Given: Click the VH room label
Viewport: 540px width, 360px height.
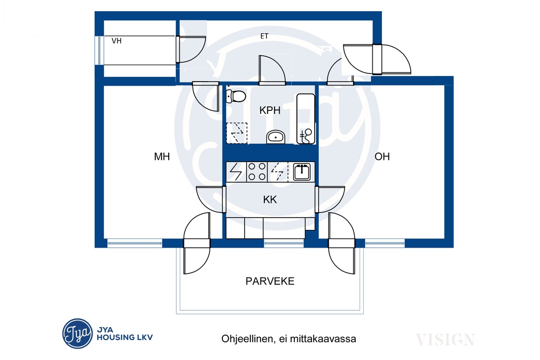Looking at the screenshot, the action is click(x=117, y=41).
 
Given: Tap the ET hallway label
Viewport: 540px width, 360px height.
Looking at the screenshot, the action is click(x=264, y=36).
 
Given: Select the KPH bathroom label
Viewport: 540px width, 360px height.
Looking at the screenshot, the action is click(x=269, y=110).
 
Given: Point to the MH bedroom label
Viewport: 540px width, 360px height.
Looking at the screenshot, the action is click(x=162, y=157).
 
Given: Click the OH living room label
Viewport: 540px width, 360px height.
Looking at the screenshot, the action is click(x=382, y=156).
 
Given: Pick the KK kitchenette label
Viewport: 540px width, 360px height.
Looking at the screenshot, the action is click(x=269, y=199).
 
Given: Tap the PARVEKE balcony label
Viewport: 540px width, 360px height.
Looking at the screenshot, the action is click(x=270, y=281).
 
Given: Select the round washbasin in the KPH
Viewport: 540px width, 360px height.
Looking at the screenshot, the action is click(x=276, y=137).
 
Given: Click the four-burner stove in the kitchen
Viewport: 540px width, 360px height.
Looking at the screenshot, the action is click(x=257, y=172).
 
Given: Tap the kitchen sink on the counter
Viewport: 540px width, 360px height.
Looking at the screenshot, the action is click(x=302, y=172).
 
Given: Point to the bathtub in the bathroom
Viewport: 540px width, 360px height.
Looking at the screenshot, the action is click(x=305, y=119).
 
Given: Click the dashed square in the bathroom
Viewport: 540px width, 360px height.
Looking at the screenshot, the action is click(x=237, y=133).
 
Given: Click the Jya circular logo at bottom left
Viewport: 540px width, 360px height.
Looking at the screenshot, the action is click(x=78, y=334).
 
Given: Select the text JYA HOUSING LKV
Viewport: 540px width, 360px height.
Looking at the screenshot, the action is click(x=124, y=334).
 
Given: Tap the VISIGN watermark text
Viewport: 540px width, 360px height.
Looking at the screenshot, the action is click(x=445, y=340).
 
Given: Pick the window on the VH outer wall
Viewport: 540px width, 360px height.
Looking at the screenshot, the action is click(x=99, y=50).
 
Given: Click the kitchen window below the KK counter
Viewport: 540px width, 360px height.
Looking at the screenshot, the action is click(x=284, y=244).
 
